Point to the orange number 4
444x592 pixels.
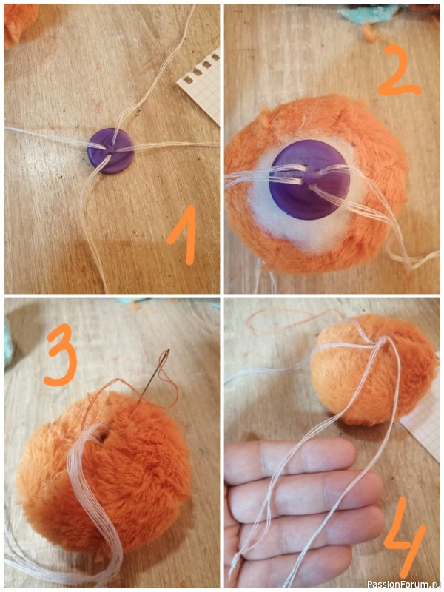[x=405, y=532]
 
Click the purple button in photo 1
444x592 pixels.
[x=110, y=151]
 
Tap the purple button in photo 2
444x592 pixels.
[x=309, y=180]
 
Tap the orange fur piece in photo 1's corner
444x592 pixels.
[x=18, y=24]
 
